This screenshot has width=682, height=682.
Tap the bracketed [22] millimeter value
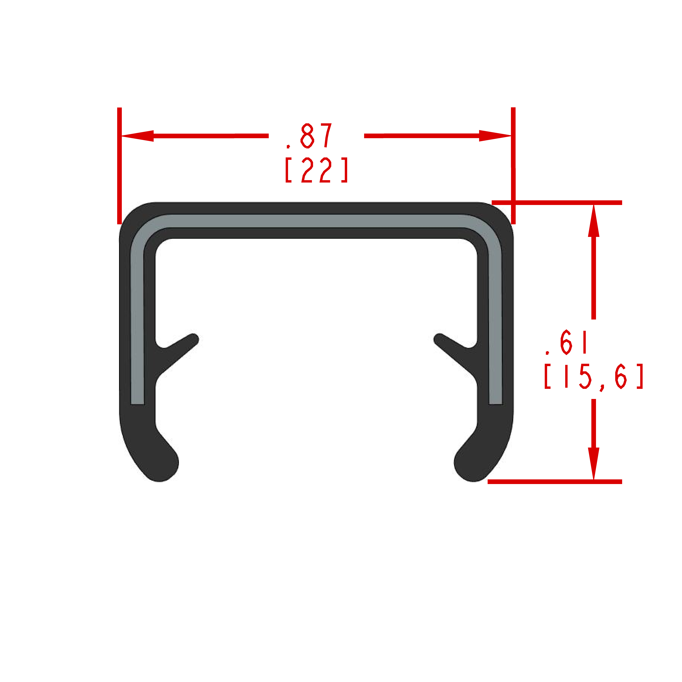click(x=317, y=170)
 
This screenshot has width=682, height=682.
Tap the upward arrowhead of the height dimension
click(x=594, y=221)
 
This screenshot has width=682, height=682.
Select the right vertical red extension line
click(x=513, y=166)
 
